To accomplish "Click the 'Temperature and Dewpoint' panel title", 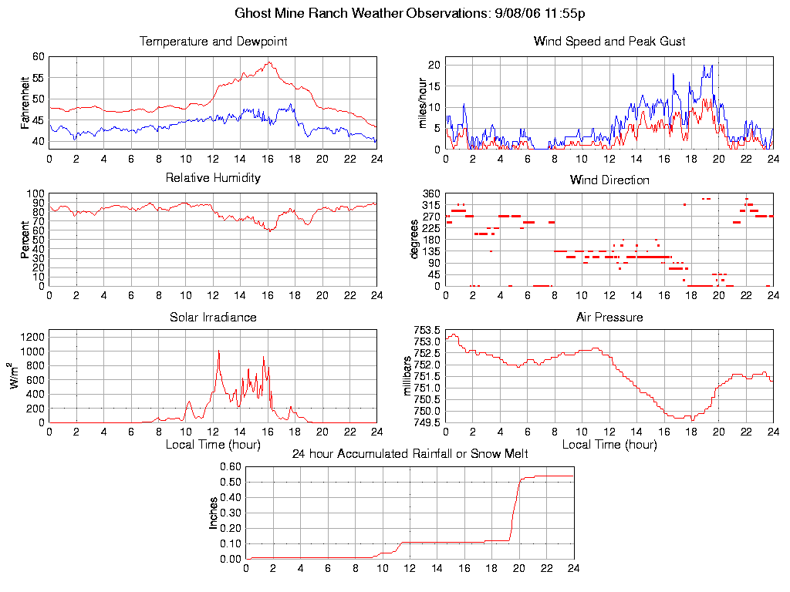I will [x=213, y=42].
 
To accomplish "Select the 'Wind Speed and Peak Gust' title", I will [x=609, y=42].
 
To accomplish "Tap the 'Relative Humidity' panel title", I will [x=213, y=178].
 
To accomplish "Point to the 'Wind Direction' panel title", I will [x=609, y=180].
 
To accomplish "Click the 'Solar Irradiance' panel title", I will [x=213, y=317].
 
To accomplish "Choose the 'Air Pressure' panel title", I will [x=609, y=317].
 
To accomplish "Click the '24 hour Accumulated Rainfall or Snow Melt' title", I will [x=410, y=454].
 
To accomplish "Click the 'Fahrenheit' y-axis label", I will [x=25, y=102].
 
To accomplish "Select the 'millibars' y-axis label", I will [x=409, y=375].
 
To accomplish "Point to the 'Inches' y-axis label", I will [x=214, y=513].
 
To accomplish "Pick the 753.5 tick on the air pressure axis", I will [x=426, y=331].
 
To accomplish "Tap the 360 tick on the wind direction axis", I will [x=431, y=193].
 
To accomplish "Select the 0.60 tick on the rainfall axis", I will [x=230, y=466].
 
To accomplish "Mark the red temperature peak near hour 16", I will [x=268, y=62].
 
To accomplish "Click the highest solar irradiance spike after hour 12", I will [x=219, y=351].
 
